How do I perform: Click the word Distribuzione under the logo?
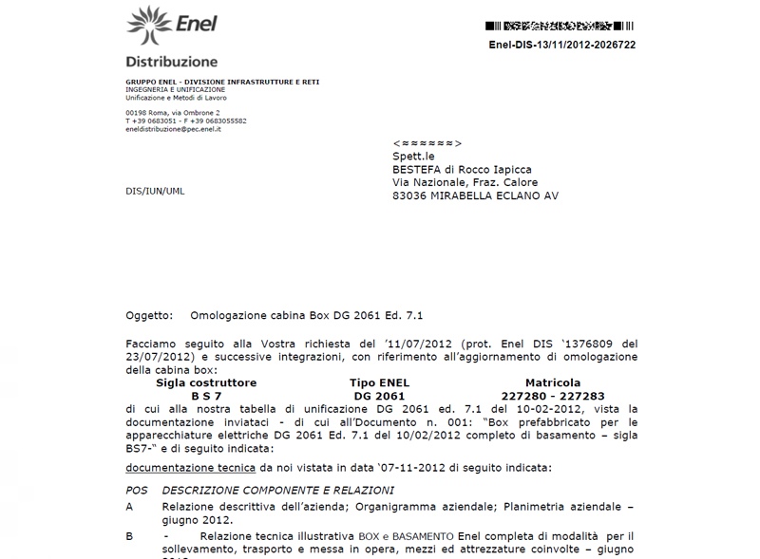172,62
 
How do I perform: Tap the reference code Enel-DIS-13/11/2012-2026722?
562,45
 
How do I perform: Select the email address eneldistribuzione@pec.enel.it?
173,129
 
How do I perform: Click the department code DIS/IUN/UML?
155,191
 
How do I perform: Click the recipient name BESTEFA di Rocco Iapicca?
463,169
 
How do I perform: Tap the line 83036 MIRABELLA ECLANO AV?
475,196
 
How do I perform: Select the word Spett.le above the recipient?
413,157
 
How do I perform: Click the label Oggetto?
149,315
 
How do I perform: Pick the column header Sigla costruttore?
206,382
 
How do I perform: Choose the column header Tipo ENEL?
380,382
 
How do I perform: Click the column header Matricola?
553,382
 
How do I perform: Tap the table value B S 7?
206,396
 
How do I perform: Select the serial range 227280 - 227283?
553,396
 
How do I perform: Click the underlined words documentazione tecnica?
190,468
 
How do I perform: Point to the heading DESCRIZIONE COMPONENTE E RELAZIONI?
278,491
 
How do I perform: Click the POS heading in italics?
137,491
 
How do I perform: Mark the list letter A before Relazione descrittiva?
130,508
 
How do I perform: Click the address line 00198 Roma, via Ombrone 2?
172,113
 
